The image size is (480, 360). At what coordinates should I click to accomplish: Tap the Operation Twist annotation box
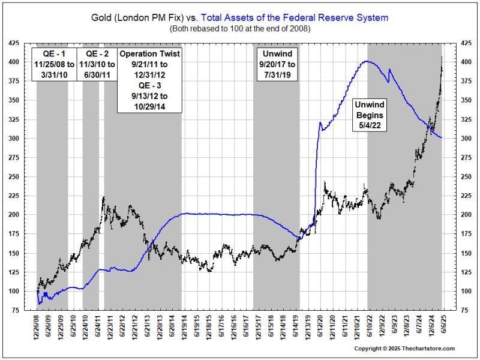149,80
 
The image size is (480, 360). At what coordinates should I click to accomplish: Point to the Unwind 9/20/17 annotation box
276,67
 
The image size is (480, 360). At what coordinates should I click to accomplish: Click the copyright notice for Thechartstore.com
404,349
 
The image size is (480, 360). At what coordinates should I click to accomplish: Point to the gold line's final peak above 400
442,57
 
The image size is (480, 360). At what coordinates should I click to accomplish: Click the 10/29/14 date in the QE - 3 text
149,106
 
